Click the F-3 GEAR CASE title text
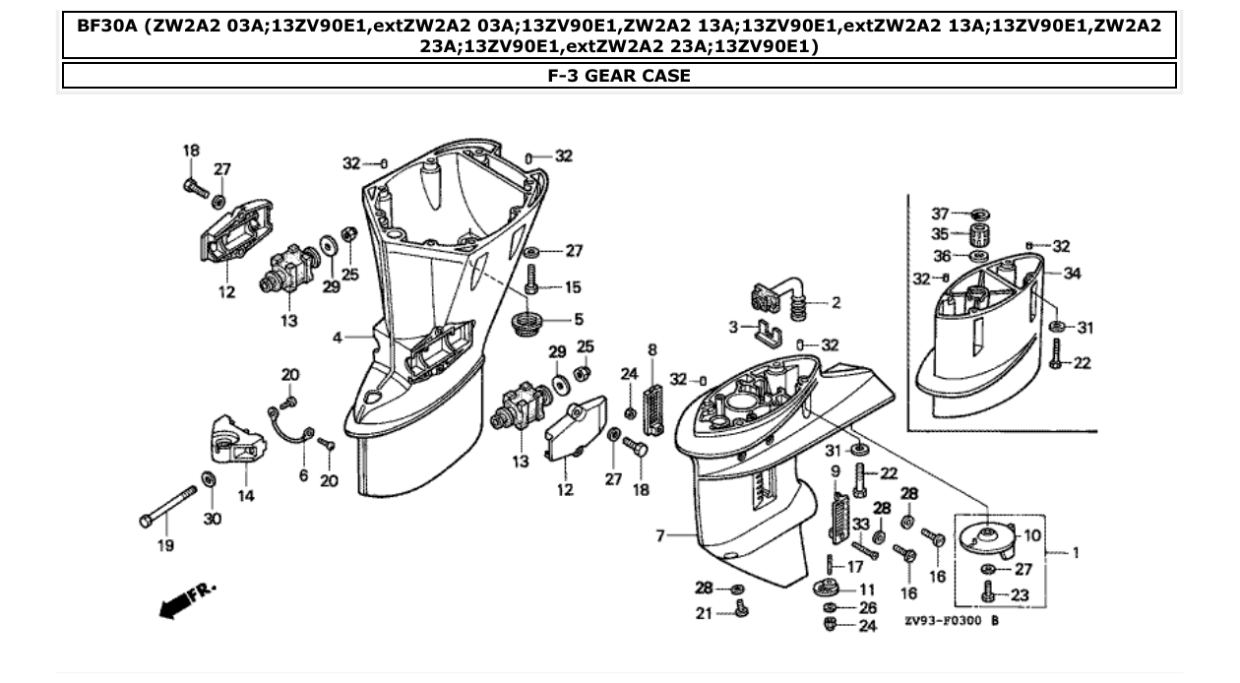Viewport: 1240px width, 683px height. [619, 76]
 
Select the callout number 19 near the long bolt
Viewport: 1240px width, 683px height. [165, 545]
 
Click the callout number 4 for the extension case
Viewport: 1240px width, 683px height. [338, 338]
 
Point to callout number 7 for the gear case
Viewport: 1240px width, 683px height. [660, 535]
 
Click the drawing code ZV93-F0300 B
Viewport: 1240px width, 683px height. [952, 622]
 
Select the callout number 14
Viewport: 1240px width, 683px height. [245, 495]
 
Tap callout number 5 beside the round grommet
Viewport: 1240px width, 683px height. [579, 319]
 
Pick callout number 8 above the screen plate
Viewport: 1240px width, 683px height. [651, 349]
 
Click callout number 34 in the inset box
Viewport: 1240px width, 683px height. [1072, 274]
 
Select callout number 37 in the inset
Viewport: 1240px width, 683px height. [940, 214]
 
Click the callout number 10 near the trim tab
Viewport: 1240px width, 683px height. [1031, 535]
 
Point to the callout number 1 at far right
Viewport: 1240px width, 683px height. [1076, 552]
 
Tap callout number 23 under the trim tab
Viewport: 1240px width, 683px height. [1020, 594]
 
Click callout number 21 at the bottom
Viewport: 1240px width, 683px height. [702, 614]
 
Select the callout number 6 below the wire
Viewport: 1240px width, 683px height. [304, 476]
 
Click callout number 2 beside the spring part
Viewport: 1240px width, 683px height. [836, 303]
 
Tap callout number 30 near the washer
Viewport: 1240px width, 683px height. [213, 518]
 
